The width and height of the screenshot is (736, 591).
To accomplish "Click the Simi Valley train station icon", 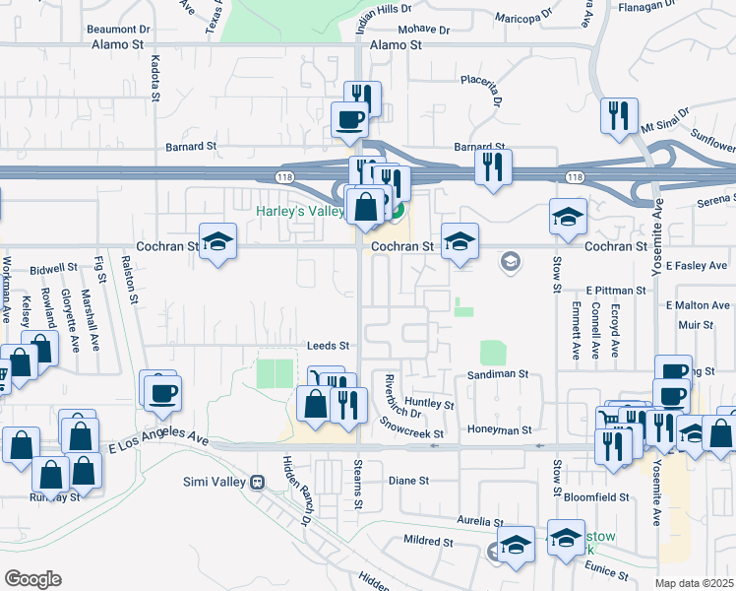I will (x=259, y=482).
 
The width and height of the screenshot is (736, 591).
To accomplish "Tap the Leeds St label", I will (x=328, y=346).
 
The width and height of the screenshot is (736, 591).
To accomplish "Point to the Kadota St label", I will (x=155, y=79).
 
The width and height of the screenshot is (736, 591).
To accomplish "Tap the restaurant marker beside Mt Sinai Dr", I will (x=619, y=117).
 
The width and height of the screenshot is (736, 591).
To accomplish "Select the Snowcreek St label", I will (x=412, y=427).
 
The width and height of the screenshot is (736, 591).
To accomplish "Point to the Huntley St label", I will (x=428, y=403).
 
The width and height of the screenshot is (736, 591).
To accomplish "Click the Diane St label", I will (x=408, y=481).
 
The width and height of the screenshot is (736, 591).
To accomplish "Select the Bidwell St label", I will (x=53, y=268).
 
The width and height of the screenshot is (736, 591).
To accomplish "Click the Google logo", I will (x=33, y=579).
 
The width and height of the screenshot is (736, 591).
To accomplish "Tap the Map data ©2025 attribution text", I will (x=694, y=583).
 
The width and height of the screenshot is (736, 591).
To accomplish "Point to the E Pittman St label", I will (x=615, y=291).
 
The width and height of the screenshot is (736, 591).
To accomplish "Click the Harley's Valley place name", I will (x=299, y=211).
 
